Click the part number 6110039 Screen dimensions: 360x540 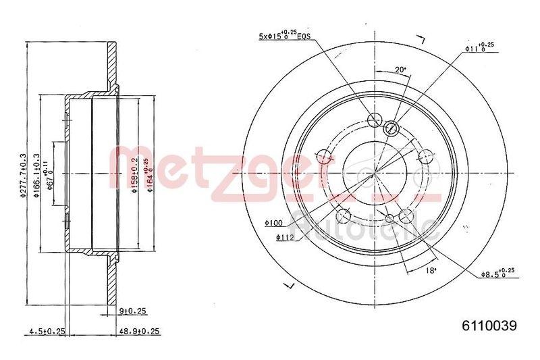pos(489,326)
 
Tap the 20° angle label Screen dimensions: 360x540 pos(400,69)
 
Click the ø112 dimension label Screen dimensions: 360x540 pos(285,237)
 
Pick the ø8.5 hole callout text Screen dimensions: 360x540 pos(497,274)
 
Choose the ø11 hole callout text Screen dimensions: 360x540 pos(479,47)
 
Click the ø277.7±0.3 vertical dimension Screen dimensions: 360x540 pos(23,174)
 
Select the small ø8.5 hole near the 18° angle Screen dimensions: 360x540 pos(390,217)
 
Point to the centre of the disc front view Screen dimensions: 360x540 pos(372,173)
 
